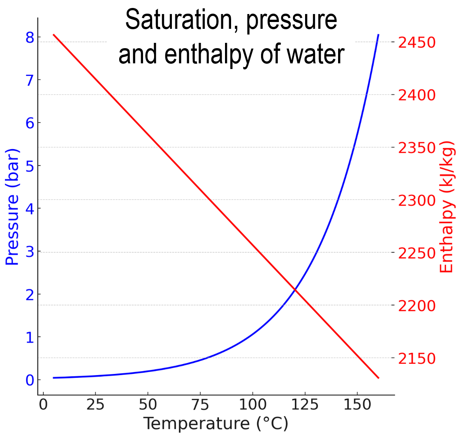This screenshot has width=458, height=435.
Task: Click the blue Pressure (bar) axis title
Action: click(x=12, y=207)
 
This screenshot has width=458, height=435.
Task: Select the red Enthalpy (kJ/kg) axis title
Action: click(x=446, y=207)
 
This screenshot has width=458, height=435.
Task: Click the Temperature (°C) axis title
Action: click(x=216, y=423)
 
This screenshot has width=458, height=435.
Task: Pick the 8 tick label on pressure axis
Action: click(x=30, y=38)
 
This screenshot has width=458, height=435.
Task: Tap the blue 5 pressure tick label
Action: click(x=30, y=166)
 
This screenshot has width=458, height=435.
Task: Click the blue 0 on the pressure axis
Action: click(x=30, y=380)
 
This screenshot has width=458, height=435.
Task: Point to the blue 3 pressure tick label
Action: click(x=30, y=251)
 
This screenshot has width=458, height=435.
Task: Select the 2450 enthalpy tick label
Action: click(x=417, y=42)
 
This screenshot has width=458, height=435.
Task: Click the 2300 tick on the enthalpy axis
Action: click(x=417, y=200)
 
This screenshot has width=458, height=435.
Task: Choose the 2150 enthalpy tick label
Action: click(x=417, y=358)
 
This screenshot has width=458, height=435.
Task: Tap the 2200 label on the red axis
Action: click(x=417, y=306)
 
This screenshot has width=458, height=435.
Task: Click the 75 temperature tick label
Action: click(x=200, y=405)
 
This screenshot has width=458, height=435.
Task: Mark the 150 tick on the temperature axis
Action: click(x=357, y=405)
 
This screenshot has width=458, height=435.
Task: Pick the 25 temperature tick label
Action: click(x=95, y=405)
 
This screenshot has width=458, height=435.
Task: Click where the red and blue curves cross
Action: click(x=294, y=290)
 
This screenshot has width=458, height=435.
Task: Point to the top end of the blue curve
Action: click(x=378, y=35)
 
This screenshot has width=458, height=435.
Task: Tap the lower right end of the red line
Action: click(x=378, y=378)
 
